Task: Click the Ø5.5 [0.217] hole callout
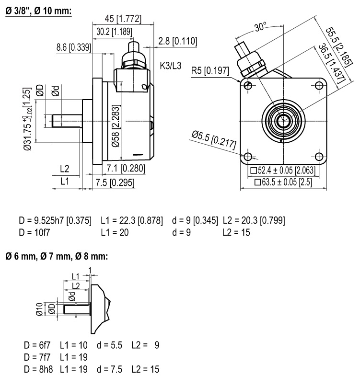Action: pyautogui.click(x=213, y=140)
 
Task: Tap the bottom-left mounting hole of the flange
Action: pyautogui.click(x=248, y=157)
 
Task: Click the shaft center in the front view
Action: pyautogui.click(x=283, y=121)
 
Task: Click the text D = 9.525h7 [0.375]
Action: pyautogui.click(x=55, y=221)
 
